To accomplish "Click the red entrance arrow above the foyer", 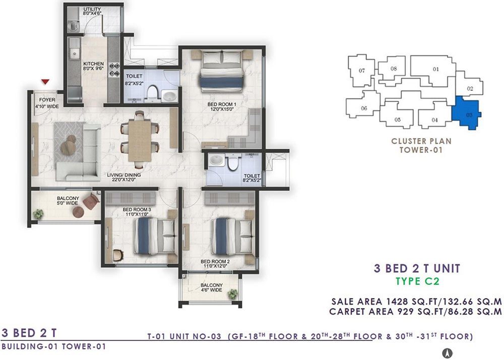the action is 45,82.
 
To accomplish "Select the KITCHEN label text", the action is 94,64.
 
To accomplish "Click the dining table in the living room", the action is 140,140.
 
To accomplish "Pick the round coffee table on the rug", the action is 68,148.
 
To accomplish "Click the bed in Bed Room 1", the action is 222,72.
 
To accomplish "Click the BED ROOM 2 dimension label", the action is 215,266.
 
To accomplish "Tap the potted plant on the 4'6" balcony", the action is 232,294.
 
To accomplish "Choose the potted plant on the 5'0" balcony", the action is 39,214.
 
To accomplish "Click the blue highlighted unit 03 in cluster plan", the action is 466,112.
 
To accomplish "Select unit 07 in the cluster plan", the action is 361,71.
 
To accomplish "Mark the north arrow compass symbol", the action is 447,353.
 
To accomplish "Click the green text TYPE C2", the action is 417,281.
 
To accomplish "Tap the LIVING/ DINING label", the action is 124,175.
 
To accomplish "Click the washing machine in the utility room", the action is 74,26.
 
